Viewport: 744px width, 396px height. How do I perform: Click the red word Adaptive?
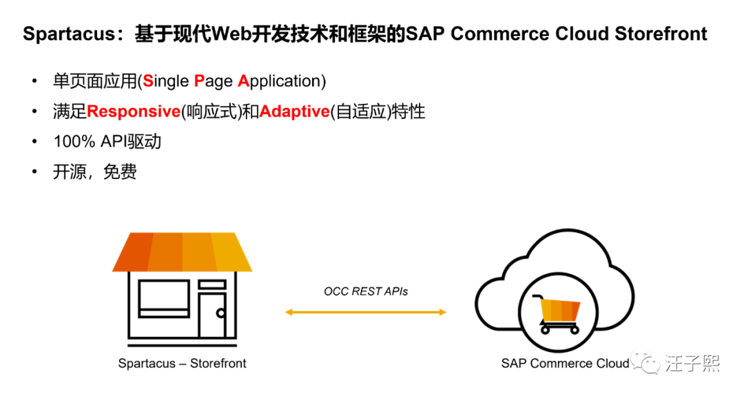(295, 111)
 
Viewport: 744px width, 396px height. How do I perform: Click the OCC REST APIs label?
(366, 291)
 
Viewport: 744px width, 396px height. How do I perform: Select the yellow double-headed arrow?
(366, 312)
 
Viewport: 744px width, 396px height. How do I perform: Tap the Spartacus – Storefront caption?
(182, 363)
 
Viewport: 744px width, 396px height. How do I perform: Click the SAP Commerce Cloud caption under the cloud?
(565, 363)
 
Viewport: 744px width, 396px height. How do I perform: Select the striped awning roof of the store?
(183, 251)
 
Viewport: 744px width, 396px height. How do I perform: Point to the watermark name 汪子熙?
(692, 363)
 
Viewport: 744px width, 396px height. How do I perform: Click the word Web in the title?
(231, 34)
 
